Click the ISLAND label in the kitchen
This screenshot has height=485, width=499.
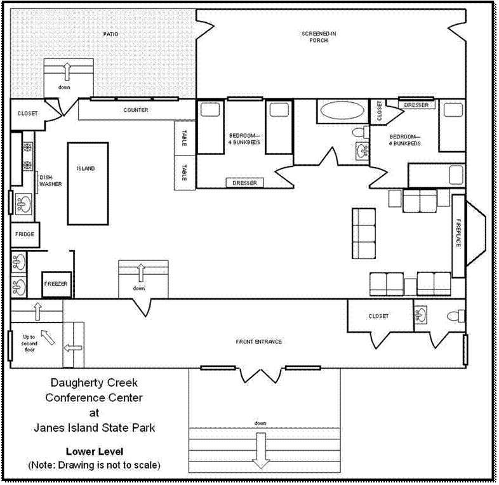86,168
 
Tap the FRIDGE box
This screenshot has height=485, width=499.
25,234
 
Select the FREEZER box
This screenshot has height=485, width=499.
57,284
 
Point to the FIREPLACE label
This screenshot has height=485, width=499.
458,232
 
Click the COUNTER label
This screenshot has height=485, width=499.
136,110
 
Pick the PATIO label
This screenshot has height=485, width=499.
110,34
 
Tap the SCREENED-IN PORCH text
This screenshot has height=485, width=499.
319,37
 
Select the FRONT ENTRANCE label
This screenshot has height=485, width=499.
259,342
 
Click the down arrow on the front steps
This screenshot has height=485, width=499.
261,450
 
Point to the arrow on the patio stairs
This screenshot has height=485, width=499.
67,71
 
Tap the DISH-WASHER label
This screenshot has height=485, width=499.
50,181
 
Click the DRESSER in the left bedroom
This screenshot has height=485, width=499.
244,183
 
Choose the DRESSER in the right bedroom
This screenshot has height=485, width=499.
416,105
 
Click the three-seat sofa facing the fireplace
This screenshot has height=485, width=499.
364,233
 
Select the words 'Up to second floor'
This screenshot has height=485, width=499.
29,343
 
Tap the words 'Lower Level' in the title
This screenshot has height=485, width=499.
95,451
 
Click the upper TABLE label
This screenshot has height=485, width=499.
184,138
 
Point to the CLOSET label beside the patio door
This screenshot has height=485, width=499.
27,113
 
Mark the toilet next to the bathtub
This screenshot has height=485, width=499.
361,132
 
